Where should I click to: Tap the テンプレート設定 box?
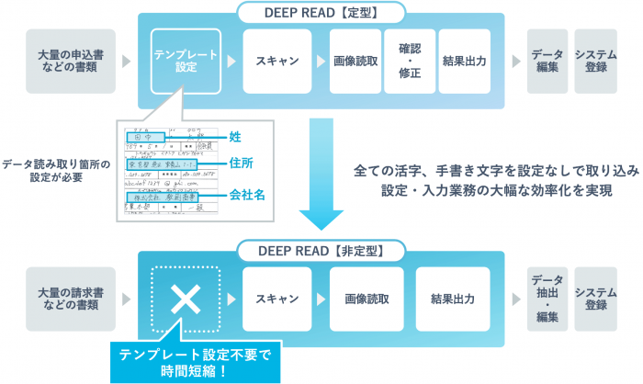tap(186, 62)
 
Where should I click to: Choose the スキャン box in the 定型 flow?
tap(276, 62)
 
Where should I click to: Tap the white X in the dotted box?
tap(186, 299)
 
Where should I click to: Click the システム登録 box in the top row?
tap(595, 62)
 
